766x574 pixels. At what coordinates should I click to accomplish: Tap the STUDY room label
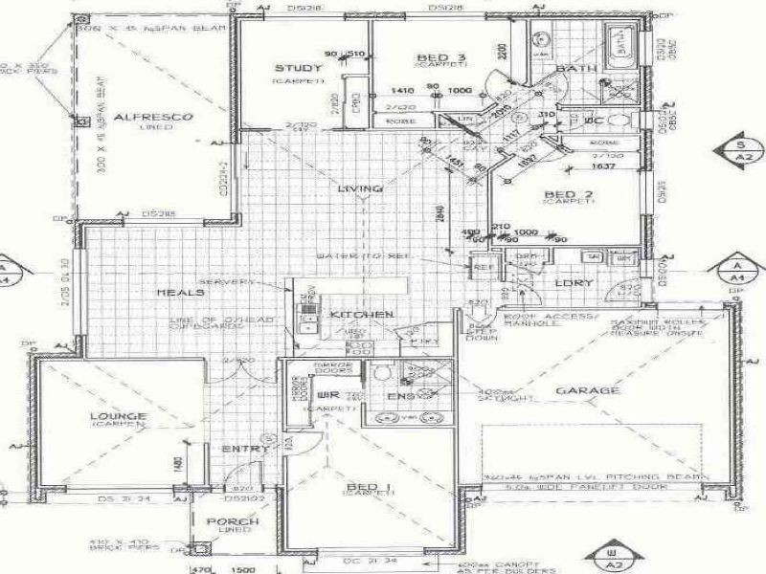tap(291, 68)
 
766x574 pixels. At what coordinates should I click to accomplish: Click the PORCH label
tap(233, 521)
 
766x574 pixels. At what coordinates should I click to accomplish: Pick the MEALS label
tap(180, 293)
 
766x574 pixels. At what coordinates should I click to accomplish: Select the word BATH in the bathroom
tap(576, 70)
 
